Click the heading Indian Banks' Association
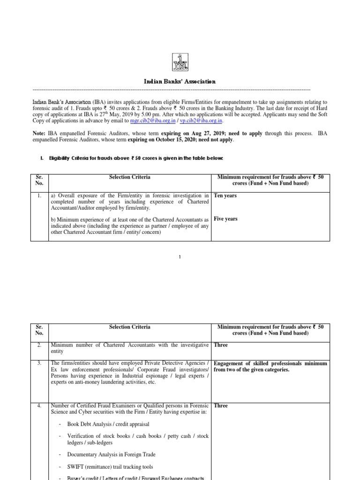(180, 82)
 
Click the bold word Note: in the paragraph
(39, 134)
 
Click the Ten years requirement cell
(225, 195)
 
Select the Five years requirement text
(225, 219)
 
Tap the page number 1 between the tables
(180, 257)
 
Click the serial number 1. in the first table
(40, 195)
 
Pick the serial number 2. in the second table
(40, 345)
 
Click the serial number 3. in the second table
(40, 363)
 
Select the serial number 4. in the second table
(40, 405)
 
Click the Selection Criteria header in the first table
(130, 177)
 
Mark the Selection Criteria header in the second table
(130, 327)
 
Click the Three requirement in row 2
(221, 345)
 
